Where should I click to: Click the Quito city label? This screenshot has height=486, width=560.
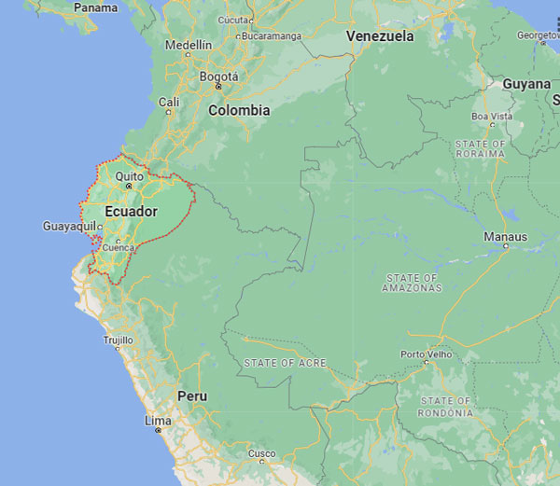129,175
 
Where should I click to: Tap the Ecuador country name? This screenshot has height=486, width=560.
131,212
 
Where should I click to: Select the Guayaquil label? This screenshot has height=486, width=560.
69,227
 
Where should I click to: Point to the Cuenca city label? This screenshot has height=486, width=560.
119,248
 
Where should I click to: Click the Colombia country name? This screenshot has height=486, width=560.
239,110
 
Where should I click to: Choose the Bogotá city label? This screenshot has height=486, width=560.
218,76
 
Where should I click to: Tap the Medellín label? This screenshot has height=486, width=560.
189,45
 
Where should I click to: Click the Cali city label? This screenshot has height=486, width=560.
169,102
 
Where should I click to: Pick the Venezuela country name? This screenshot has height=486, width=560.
380,36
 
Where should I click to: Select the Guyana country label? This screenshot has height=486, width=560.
526,84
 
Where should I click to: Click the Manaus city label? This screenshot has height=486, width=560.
505,237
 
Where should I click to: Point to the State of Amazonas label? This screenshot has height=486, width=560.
412,283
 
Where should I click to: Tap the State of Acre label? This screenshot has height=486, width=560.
285,362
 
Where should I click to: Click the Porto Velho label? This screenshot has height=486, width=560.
426,354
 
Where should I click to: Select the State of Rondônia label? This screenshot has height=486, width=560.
445,408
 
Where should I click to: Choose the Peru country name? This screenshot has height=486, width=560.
192,396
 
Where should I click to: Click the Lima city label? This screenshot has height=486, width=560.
158,421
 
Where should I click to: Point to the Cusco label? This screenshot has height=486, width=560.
261,454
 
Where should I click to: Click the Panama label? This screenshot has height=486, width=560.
96,7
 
